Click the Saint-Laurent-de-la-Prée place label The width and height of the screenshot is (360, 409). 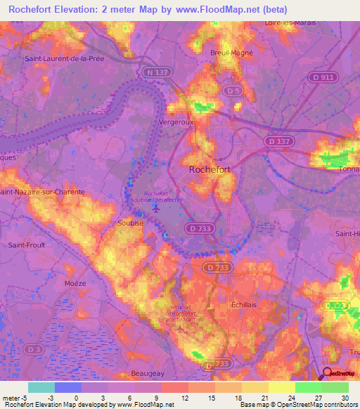(x=65, y=58)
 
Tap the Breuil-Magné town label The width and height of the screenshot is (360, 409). (x=231, y=52)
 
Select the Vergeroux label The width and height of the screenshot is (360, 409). (x=177, y=121)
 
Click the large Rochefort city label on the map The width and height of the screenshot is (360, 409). (x=210, y=169)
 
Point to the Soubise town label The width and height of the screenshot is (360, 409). (x=129, y=223)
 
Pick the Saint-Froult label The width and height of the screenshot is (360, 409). (x=27, y=245)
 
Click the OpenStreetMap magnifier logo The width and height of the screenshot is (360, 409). (x=326, y=372)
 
